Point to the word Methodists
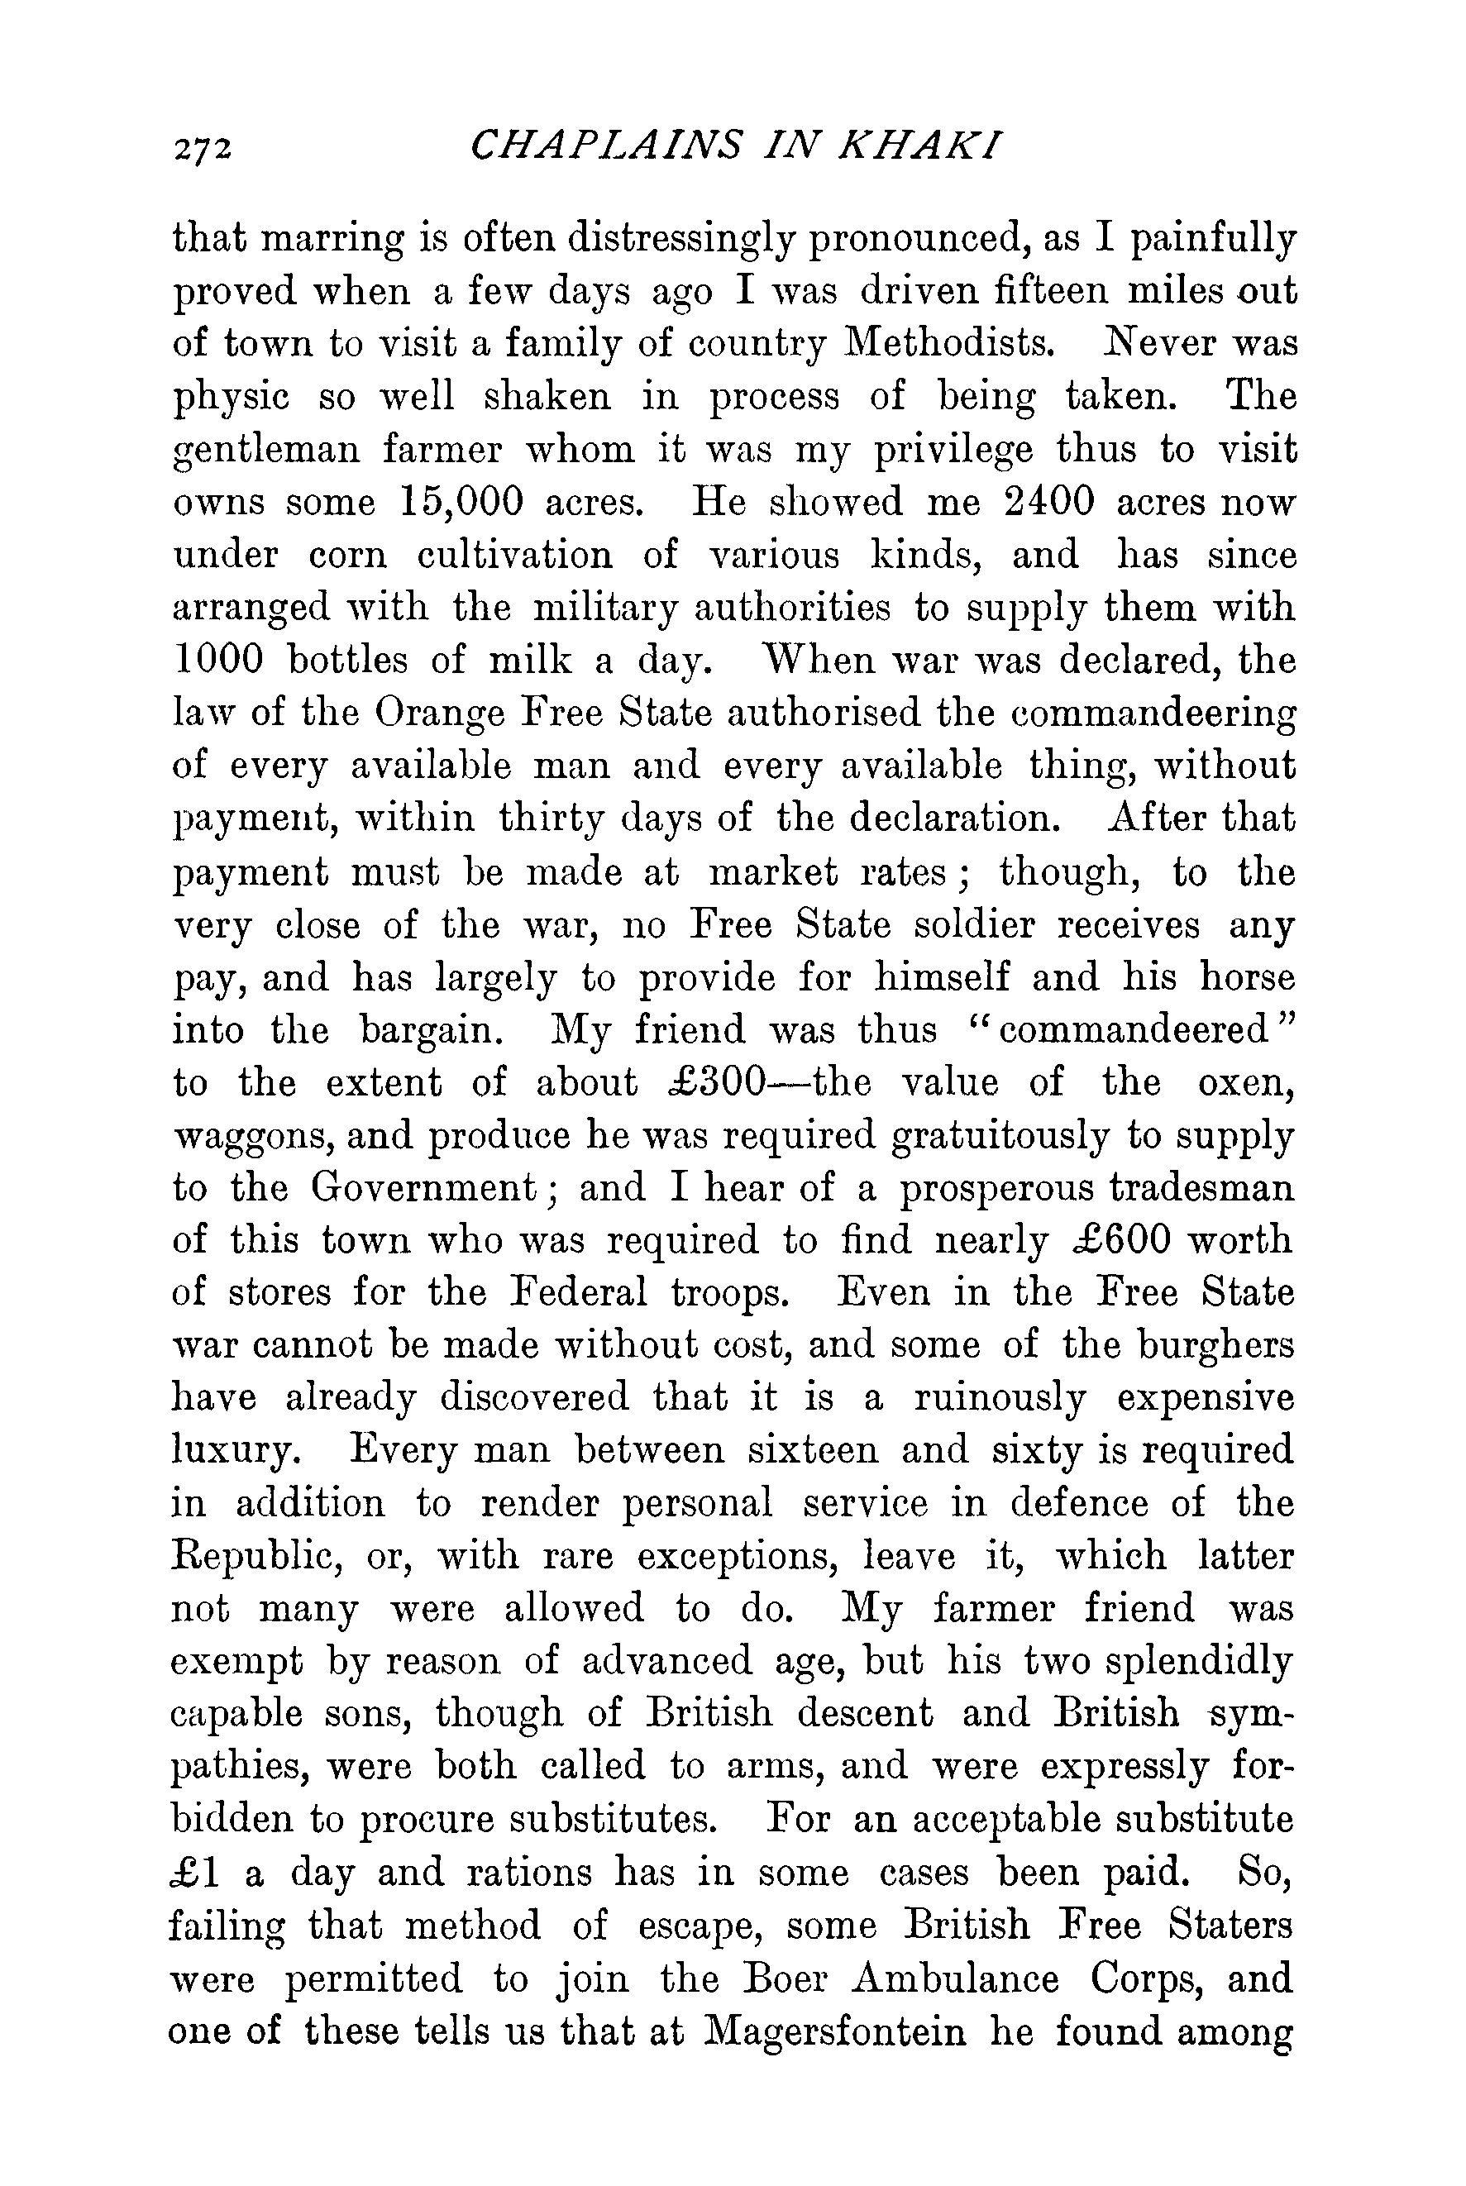point(950,344)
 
